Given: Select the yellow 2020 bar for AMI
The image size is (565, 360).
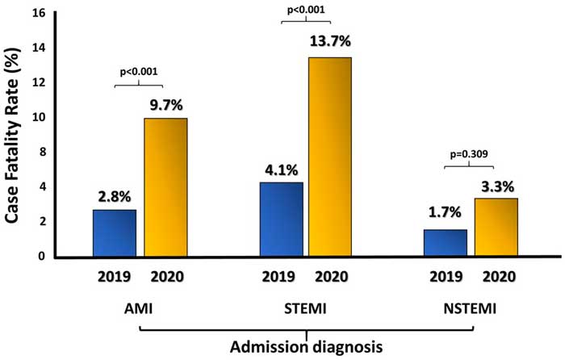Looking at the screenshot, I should pos(165,187).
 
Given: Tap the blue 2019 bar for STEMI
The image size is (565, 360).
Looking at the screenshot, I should pos(281,219).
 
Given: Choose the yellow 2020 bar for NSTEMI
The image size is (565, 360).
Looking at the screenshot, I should pos(495,227).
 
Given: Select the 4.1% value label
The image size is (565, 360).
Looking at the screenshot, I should pos(282,170).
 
